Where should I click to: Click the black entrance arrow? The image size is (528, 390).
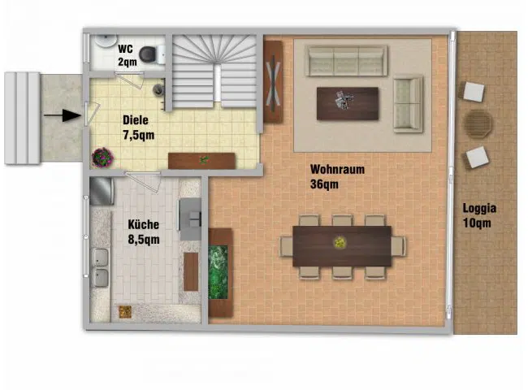pyautogui.click(x=63, y=115)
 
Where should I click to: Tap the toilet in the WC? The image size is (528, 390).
pyautogui.click(x=152, y=54)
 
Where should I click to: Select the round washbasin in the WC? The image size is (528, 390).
pyautogui.click(x=106, y=41)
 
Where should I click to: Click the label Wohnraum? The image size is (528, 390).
pyautogui.click(x=337, y=169)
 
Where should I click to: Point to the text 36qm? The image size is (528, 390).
pyautogui.click(x=324, y=184)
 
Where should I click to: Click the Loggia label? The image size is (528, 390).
pyautogui.click(x=479, y=208)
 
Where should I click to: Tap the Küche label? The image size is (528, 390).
pyautogui.click(x=144, y=224)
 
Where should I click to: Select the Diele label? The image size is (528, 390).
pyautogui.click(x=136, y=120)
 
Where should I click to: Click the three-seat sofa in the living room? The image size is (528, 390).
pyautogui.click(x=347, y=61)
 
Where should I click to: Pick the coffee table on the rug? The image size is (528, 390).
pyautogui.click(x=348, y=103)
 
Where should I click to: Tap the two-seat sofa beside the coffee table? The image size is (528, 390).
pyautogui.click(x=408, y=103)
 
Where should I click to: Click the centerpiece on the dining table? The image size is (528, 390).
pyautogui.click(x=340, y=242)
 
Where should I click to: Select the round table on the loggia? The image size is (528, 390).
pyautogui.click(x=478, y=123)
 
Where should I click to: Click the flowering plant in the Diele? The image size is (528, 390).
pyautogui.click(x=102, y=158)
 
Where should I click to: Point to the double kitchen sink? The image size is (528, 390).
pyautogui.click(x=101, y=268)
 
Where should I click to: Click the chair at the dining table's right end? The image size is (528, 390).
pyautogui.click(x=398, y=246)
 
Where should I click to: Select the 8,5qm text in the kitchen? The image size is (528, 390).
pyautogui.click(x=144, y=240)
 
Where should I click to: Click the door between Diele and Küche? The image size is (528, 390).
pyautogui.click(x=143, y=182)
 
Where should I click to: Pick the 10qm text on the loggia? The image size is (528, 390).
pyautogui.click(x=477, y=223)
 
